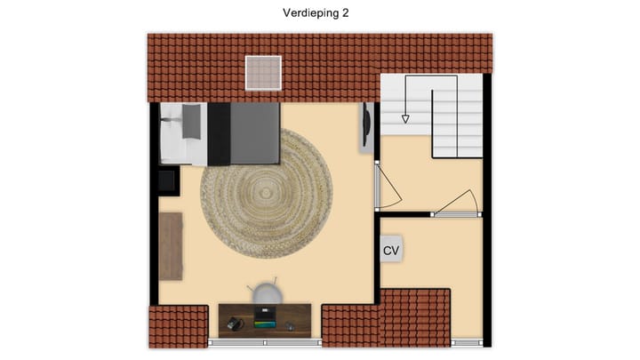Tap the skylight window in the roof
point(263,72)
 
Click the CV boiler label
point(391,250)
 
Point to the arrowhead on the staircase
point(405,117)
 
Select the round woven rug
point(266,193)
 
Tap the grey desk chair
point(266,294)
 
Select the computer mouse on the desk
point(290,326)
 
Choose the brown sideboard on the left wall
point(171,245)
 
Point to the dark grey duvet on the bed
point(254,133)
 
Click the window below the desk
point(265,341)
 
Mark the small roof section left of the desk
point(178,326)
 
